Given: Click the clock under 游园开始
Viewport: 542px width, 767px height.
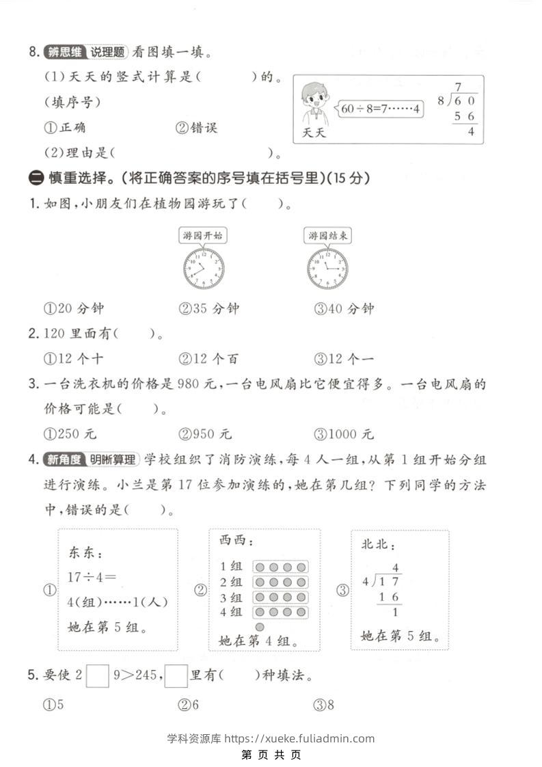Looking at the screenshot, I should coord(204,268).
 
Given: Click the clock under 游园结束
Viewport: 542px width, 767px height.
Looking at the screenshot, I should coord(327,268).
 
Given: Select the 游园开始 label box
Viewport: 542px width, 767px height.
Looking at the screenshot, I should coord(203,236).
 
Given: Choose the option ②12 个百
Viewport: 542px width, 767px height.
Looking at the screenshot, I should coord(208,358).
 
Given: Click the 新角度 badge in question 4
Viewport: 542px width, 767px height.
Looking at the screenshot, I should coord(64,459).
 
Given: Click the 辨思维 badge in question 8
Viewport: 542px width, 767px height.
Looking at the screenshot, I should coord(63,52).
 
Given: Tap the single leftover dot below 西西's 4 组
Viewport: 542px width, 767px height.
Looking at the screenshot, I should coord(260,626).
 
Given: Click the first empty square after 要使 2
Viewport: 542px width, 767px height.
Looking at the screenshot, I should coord(98,676).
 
